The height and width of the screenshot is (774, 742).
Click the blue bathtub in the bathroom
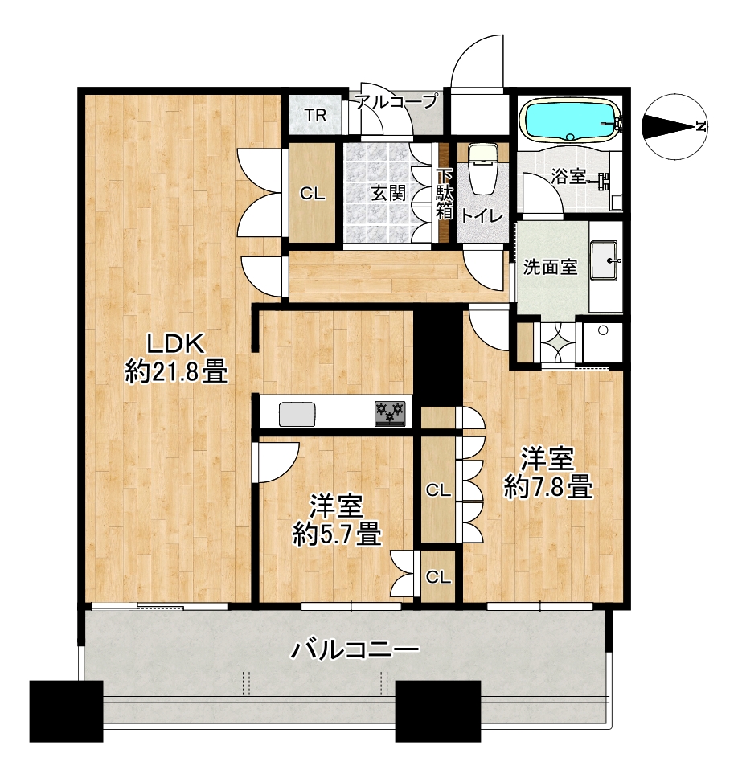571,121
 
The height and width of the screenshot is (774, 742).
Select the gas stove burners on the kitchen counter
390,412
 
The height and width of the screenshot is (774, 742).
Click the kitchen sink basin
297,414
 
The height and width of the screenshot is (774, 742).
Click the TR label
315,116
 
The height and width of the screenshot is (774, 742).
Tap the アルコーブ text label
396,100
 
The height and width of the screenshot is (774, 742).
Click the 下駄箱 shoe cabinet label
445,194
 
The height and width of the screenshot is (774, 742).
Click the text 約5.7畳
337,534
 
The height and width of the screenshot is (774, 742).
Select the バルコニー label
355,650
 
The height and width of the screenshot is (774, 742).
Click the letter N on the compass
699,127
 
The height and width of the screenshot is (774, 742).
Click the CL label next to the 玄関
313,194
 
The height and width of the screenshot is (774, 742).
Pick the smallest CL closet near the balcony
438,576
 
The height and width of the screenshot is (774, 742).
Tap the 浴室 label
568,176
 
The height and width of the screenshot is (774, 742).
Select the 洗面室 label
550,267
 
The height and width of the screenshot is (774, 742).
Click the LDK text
176,344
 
